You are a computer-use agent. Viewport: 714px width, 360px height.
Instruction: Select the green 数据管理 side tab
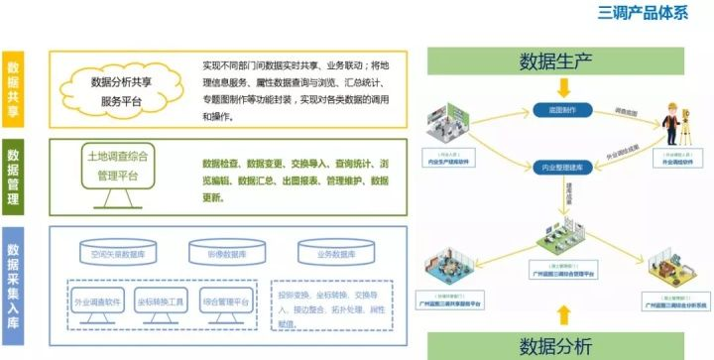13,176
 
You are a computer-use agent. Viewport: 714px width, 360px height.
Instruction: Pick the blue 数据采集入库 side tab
13,283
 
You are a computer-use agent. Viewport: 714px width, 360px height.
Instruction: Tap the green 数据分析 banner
555,346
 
